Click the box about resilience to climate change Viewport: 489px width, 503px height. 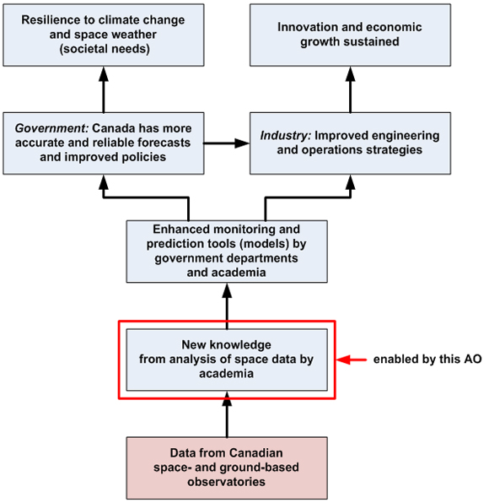103,35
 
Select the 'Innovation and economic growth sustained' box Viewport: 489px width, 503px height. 350,35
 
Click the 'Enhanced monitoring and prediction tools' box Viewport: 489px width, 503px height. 226,251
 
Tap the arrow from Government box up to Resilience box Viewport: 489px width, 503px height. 103,88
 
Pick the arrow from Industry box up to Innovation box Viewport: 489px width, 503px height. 350,88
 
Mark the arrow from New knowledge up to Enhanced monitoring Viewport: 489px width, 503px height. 226,304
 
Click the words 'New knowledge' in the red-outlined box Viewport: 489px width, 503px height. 226,345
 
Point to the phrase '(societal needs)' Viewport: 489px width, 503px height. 103,49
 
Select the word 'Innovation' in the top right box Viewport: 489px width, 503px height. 308,27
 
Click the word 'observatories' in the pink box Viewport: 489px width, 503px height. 226,482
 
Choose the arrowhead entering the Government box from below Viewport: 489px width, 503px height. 103,180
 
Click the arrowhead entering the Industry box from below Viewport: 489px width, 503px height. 350,180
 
